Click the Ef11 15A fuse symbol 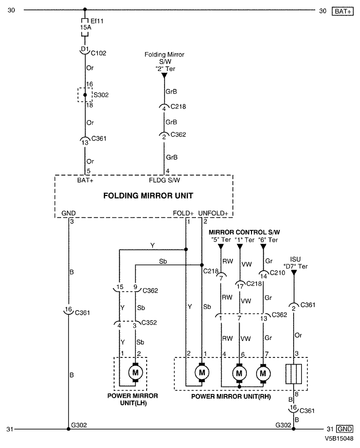pos(84,27)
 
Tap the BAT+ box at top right pos(343,11)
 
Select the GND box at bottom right pos(345,429)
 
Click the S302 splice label pos(101,95)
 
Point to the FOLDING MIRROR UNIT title pos(148,196)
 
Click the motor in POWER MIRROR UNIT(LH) pos(135,372)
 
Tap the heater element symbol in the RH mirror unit pos(294,374)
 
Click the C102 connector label pos(99,53)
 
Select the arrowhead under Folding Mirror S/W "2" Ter pos(164,76)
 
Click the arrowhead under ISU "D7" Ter pos(294,273)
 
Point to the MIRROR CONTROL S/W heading pos(244,232)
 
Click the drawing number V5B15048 pos(339,438)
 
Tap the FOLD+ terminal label pos(183,213)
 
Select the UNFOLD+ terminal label pos(213,213)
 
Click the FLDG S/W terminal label pos(165,181)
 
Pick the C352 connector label pos(149,322)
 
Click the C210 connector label pos(277,273)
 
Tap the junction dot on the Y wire pos(186,249)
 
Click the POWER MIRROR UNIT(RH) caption pos(231,397)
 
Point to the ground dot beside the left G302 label pos(68,429)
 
